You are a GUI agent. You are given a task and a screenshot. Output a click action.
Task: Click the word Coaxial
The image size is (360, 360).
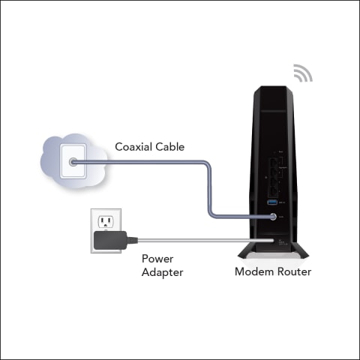pos(133,147)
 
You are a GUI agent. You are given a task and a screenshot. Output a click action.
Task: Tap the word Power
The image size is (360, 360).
pos(157,259)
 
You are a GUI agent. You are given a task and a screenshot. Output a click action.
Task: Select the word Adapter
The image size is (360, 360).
pos(163,272)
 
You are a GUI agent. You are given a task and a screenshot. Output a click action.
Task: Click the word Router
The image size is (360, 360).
pos(292,271)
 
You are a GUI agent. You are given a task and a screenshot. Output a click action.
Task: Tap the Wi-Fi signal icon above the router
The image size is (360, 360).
pos(303,73)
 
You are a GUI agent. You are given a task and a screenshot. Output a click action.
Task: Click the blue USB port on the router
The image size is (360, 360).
pos(272,202)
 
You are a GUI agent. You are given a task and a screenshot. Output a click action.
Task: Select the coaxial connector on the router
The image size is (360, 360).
pos(273,217)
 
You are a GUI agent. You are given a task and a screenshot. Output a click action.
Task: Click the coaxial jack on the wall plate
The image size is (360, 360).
pos(73,162)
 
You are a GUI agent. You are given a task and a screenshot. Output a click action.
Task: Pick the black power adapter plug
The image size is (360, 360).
pos(110,240)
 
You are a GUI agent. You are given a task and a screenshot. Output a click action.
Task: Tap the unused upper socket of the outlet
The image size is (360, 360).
pos(106,221)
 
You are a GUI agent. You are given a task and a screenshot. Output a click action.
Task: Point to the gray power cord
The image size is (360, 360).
pos(205,241)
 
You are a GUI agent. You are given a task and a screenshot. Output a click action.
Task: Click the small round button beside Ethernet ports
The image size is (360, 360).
pos(265,178)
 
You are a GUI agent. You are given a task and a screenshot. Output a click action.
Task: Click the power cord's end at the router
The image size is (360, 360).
pos(273,241)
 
